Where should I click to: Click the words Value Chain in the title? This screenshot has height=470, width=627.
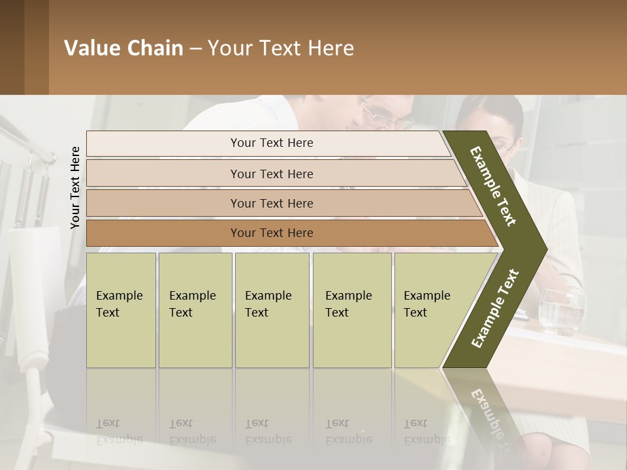pyautogui.click(x=123, y=48)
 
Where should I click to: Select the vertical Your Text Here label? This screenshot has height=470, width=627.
pyautogui.click(x=75, y=187)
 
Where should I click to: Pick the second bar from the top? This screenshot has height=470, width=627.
pyautogui.click(x=272, y=174)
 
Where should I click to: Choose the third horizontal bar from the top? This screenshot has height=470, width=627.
pyautogui.click(x=272, y=203)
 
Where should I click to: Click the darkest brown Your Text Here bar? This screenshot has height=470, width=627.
pyautogui.click(x=272, y=233)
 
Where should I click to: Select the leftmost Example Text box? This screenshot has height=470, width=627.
pyautogui.click(x=121, y=310)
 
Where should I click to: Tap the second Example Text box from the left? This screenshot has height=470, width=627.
pyautogui.click(x=195, y=310)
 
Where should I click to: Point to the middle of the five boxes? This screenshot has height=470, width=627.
pyautogui.click(x=272, y=310)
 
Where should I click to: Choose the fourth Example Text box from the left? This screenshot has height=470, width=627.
pyautogui.click(x=352, y=310)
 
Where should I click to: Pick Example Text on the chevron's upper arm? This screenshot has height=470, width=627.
pyautogui.click(x=493, y=186)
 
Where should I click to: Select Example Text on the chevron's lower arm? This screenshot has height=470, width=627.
pyautogui.click(x=494, y=309)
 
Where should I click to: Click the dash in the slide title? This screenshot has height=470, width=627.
pyautogui.click(x=195, y=48)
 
